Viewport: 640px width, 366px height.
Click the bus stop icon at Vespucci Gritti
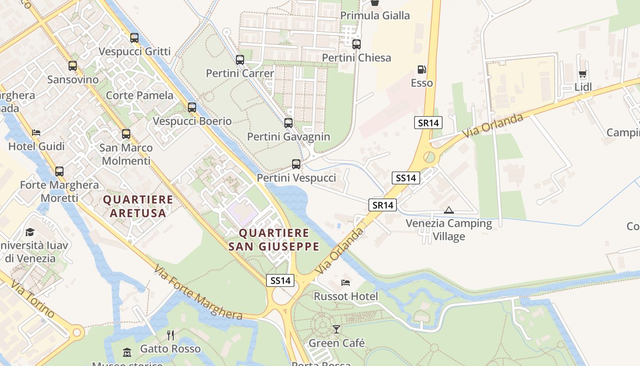(134, 38)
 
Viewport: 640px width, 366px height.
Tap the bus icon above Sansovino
(73, 66)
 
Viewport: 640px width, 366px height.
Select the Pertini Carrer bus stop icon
(240, 60)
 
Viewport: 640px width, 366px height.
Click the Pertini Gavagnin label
(288, 137)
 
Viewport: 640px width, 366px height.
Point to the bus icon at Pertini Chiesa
(357, 44)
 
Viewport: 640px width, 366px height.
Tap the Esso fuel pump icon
(421, 70)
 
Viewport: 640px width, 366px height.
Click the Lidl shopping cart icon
(582, 74)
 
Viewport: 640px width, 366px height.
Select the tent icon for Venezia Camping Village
(449, 210)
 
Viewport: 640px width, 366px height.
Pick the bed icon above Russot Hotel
(346, 283)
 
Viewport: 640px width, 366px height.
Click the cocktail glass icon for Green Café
(336, 329)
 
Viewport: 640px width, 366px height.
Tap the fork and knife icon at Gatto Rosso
(171, 335)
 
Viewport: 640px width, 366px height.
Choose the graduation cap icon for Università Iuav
(30, 232)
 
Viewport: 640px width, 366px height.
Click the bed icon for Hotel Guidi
(37, 133)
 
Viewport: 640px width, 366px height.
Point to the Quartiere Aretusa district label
(138, 206)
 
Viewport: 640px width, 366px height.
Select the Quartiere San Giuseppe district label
(273, 240)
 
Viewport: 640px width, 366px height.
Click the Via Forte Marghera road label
(198, 292)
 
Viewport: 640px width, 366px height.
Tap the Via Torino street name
(32, 300)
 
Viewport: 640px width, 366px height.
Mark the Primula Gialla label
(375, 16)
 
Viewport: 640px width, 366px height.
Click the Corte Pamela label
(139, 95)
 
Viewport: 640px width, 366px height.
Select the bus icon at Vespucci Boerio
(192, 108)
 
